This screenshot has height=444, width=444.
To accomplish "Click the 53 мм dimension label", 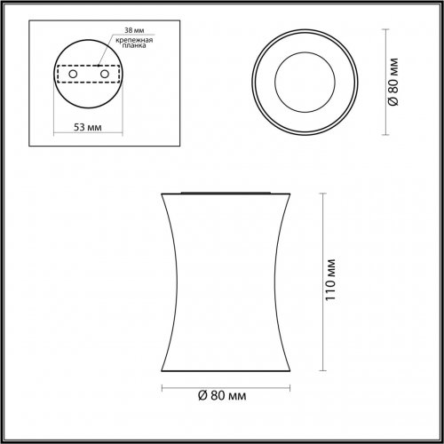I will click(87, 129).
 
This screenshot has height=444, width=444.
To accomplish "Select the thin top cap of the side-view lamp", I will click(228, 191).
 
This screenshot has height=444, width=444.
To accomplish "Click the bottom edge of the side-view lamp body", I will click(228, 369).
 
